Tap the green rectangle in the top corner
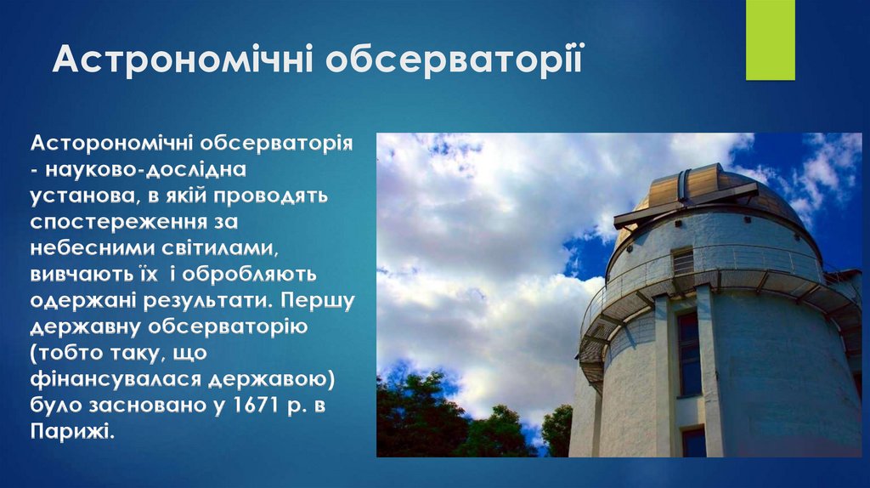pyautogui.click(x=770, y=40)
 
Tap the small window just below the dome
pyautogui.click(x=682, y=261)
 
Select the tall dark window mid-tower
pyautogui.click(x=688, y=353)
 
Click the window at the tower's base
pyautogui.click(x=693, y=442)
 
